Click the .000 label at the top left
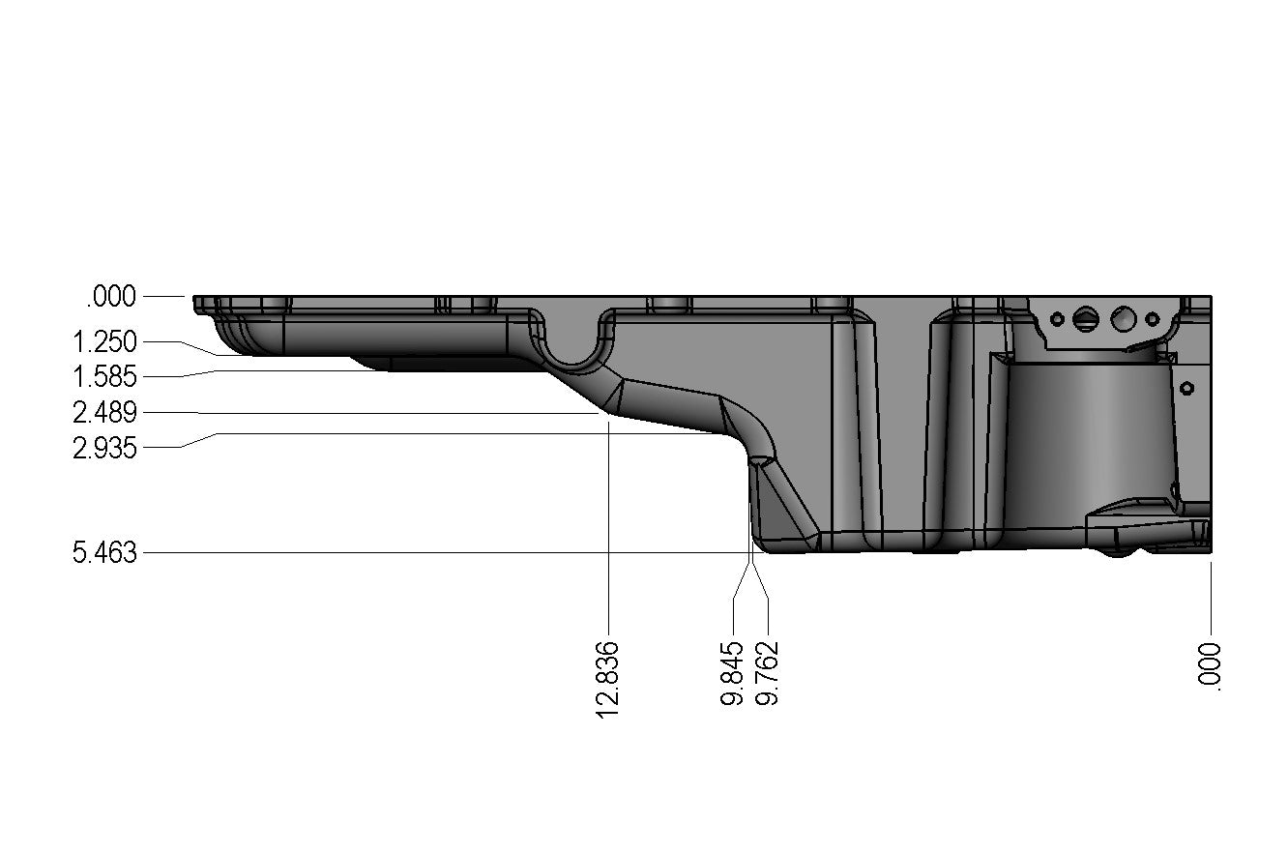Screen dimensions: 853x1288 coord(111,297)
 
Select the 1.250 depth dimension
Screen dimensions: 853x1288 coord(104,341)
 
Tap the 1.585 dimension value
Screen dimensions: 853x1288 coord(104,376)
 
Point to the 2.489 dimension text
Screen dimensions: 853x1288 coord(104,414)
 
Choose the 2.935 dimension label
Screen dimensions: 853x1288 coord(104,448)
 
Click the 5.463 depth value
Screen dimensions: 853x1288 coord(104,553)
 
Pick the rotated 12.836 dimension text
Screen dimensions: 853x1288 coord(607,678)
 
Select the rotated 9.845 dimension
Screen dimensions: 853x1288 coord(733,672)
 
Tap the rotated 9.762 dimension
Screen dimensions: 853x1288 coord(768,672)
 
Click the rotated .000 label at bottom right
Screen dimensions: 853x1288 coord(1211,665)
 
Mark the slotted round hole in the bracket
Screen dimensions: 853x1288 coord(1088,318)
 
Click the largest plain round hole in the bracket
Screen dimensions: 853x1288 coord(1124,317)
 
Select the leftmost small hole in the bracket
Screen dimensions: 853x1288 coord(1058,318)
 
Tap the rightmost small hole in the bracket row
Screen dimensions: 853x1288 coord(1151,318)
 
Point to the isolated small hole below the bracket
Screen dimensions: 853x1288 coord(1187,388)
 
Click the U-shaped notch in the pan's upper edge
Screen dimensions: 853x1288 coord(574,343)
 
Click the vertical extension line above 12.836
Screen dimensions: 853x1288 coord(608,522)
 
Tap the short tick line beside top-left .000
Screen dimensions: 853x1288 coord(165,296)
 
